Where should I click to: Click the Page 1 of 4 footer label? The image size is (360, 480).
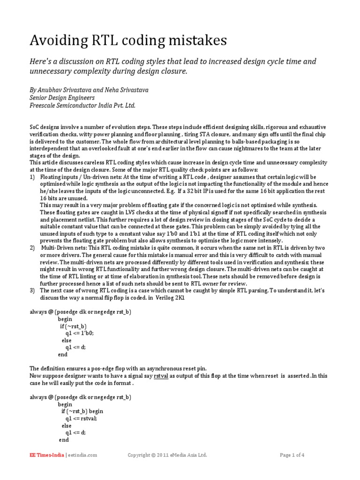pos(292,455)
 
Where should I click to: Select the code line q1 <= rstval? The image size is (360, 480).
pos(84,418)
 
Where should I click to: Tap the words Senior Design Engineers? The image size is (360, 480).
pos(62,97)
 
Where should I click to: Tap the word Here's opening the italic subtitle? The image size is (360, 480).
pos(40,62)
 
